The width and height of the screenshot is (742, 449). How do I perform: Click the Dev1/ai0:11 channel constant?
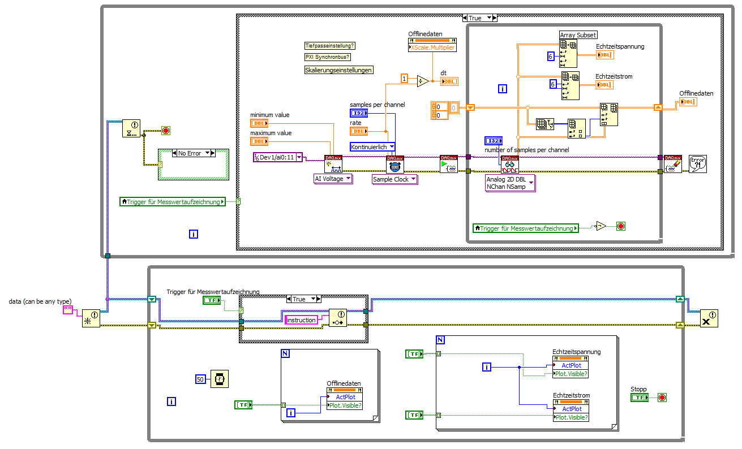coord(278,157)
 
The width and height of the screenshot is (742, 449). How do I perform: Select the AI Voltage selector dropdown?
coord(333,179)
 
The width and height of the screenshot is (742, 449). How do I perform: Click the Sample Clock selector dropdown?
coord(394,179)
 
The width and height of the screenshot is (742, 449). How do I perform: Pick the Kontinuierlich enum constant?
coord(372,147)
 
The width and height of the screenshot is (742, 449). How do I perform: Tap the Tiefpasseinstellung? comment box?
coord(331,46)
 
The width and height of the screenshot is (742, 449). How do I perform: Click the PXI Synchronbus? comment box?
coord(328,57)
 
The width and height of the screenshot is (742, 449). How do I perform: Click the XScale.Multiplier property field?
coord(432,48)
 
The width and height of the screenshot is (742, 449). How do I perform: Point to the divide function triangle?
coord(423,81)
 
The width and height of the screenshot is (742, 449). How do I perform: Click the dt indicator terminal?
coord(449,81)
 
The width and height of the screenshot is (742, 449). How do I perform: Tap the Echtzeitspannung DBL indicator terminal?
coord(604,55)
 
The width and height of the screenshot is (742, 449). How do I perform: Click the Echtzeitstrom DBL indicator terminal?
coord(604,84)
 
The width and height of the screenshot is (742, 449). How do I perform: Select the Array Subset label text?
coord(578,35)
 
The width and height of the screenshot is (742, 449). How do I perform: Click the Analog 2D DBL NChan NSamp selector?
coord(509,183)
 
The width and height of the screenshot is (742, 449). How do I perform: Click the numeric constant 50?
coord(200,379)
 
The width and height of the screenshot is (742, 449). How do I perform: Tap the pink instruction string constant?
coord(301,320)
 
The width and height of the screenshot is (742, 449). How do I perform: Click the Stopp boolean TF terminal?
coord(639,398)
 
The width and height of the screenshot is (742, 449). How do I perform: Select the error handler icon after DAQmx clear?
coord(697,164)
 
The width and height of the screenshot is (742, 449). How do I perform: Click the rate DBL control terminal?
coord(358,131)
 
